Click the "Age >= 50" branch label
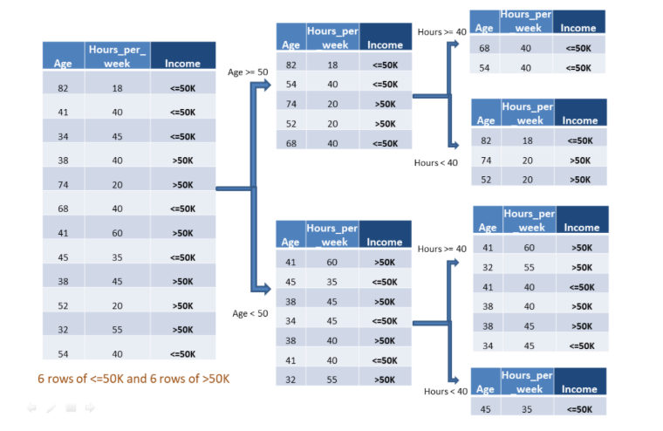248,72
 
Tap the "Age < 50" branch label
249,313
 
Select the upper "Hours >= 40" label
442,32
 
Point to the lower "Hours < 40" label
446,391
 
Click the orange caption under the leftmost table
133,379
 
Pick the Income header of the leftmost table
182,64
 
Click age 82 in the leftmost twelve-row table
63,88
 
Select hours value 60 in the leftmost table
117,233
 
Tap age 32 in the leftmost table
63,330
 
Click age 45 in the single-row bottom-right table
485,409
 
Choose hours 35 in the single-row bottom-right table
526,409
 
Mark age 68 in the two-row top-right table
484,48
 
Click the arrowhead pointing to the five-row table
265,86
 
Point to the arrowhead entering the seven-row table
265,290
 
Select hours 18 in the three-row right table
527,140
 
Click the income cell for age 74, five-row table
386,104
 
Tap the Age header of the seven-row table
290,242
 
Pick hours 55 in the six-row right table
529,267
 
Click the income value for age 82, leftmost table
182,88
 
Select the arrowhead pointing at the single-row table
455,380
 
